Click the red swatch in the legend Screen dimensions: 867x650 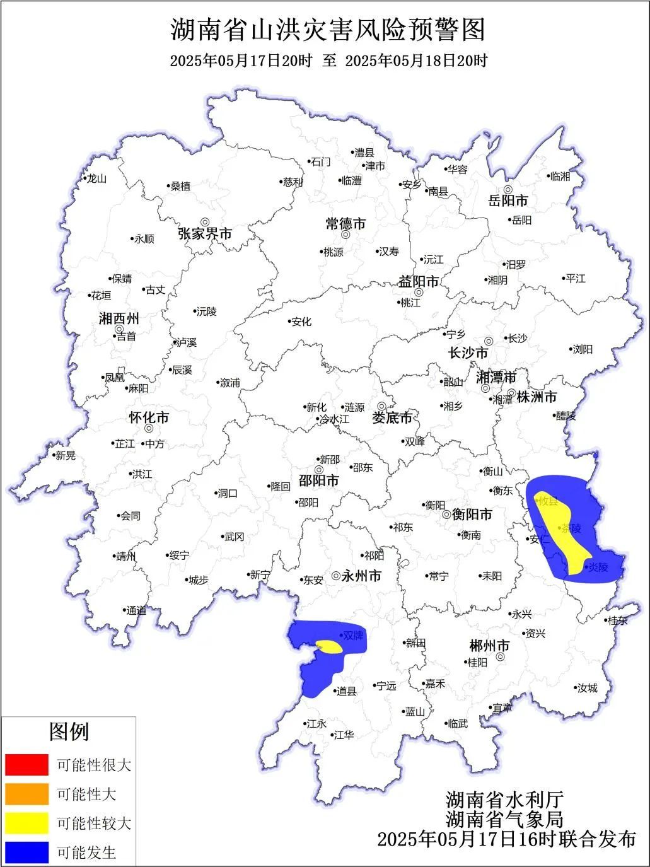pos(26,765)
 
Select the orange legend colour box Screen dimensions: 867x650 pos(26,794)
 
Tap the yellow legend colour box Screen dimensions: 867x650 pos(26,823)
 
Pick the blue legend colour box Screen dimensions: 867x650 pos(26,852)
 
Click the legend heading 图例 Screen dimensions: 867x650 pos(69,732)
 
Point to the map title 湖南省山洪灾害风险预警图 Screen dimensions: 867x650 pos(328,30)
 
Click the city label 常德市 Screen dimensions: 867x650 pos(345,224)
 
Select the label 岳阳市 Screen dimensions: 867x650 pos(508,201)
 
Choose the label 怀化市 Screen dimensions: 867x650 pos(149,417)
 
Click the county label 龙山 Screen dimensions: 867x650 pos(96,178)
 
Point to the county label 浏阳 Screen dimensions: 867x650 pos(582,349)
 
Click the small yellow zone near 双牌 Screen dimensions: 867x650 pos(329,647)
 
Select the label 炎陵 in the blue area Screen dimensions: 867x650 pos(598,567)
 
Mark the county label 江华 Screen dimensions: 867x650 pos(344,735)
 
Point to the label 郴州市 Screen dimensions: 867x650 pos(489,646)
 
